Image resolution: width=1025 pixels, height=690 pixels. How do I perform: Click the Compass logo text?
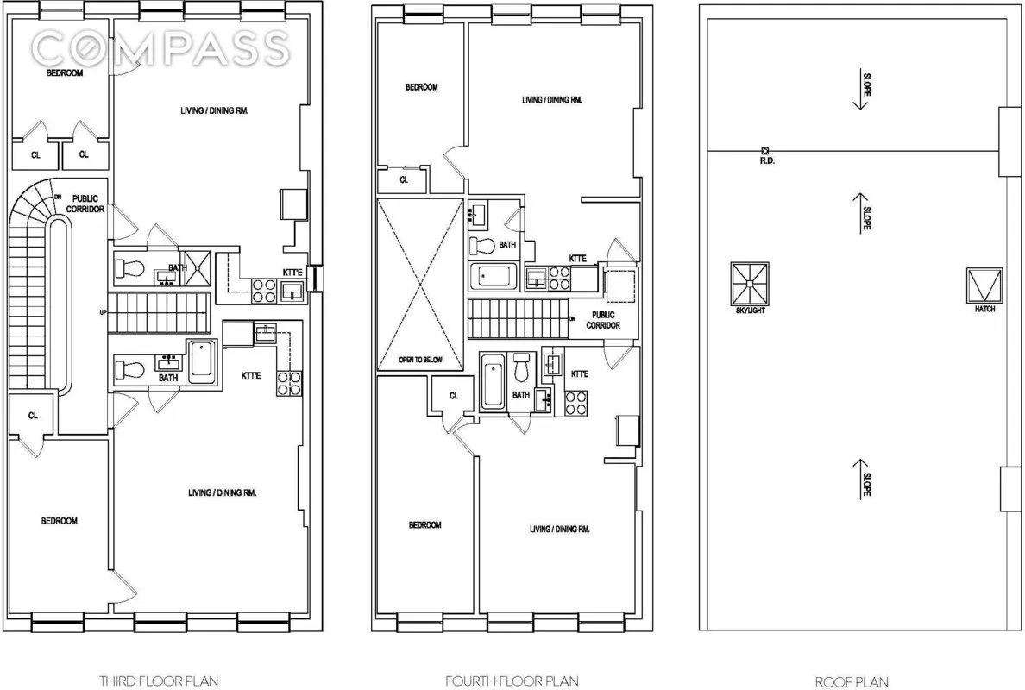(x=160, y=47)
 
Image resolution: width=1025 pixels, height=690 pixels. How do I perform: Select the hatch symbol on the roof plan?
(x=984, y=283)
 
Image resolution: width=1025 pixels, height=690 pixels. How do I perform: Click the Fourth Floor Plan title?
(x=512, y=681)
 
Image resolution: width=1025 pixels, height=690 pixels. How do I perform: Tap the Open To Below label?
(x=420, y=360)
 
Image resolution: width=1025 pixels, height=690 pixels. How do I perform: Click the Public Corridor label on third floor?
(x=88, y=204)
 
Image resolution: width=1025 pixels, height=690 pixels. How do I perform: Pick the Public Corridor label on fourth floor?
(x=603, y=320)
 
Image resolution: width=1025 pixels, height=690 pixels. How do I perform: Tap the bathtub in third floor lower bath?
(x=202, y=361)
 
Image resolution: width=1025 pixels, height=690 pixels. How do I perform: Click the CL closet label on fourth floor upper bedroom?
(x=403, y=180)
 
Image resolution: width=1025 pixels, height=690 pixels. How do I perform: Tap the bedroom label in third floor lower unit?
(x=60, y=521)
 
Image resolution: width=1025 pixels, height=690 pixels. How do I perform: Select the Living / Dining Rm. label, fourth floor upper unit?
(x=552, y=100)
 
